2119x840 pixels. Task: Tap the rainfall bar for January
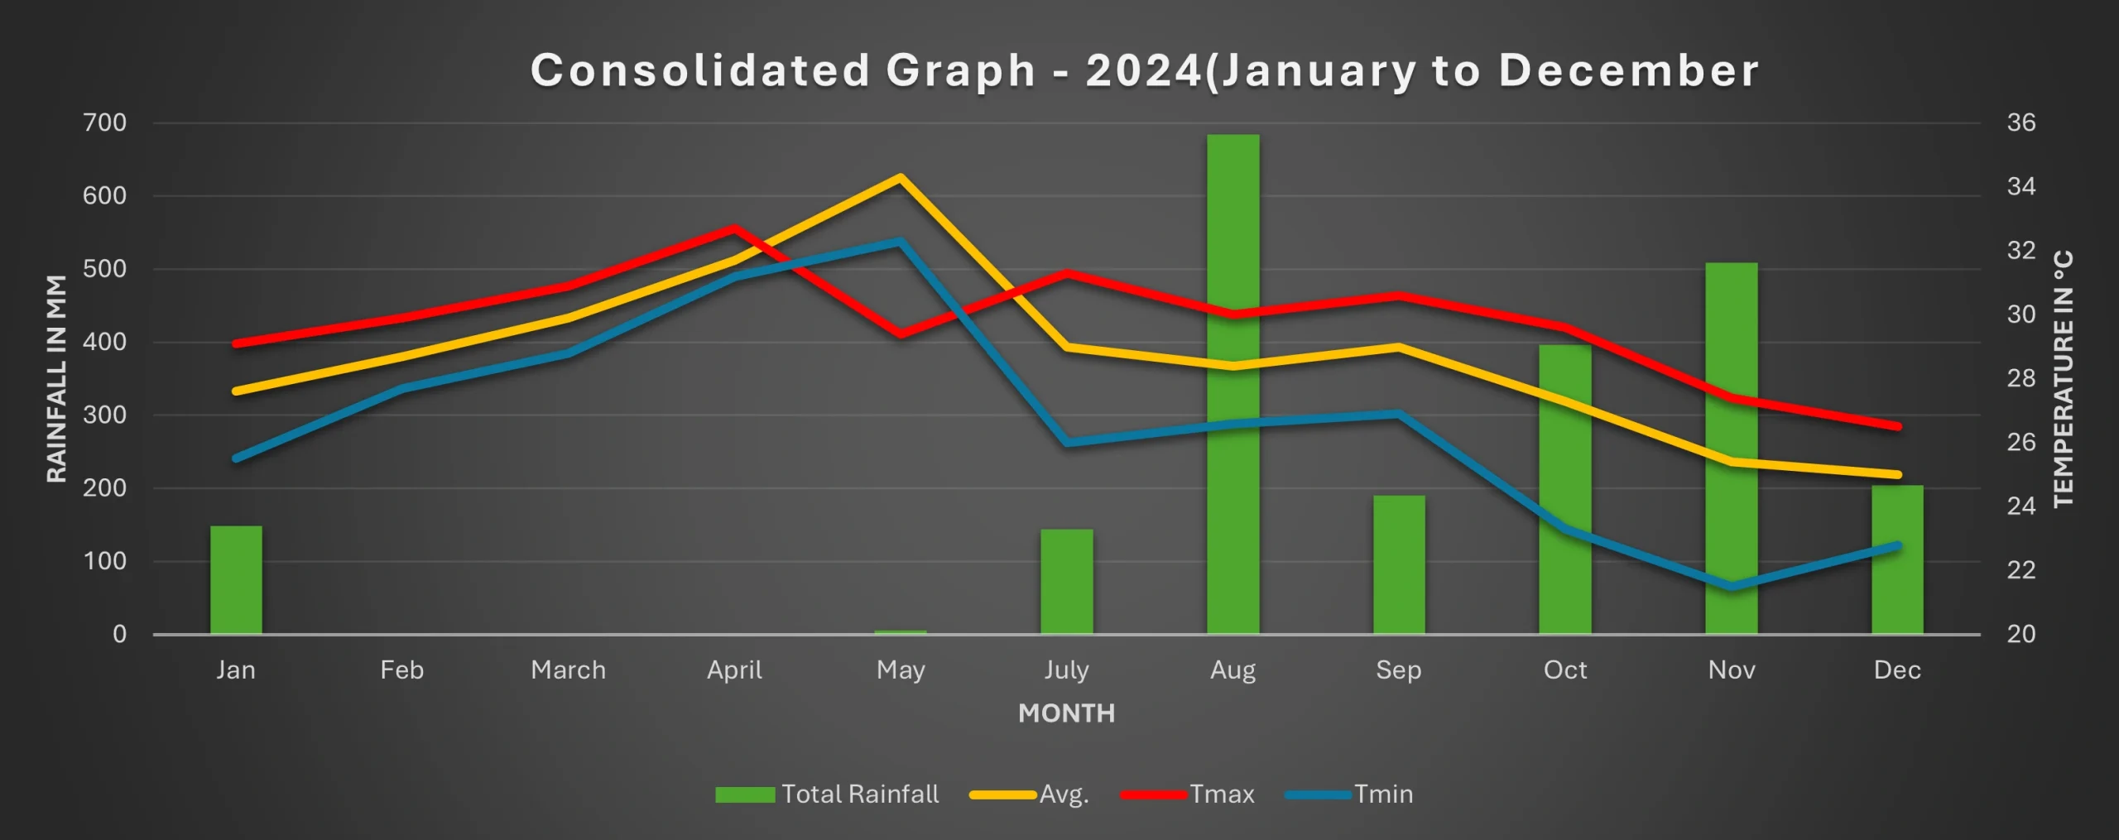click(x=236, y=579)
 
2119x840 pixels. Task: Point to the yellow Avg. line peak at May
click(x=900, y=177)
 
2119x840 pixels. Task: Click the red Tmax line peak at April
click(x=734, y=228)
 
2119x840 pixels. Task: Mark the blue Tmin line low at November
click(x=1732, y=587)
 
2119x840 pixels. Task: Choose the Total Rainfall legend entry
click(x=827, y=794)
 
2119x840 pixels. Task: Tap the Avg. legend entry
click(x=1030, y=794)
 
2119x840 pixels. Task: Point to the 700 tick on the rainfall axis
click(x=105, y=123)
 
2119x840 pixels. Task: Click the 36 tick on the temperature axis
click(x=2020, y=123)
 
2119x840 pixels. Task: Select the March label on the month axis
click(x=568, y=670)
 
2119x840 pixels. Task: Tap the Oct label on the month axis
click(x=1564, y=670)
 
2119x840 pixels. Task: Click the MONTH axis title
click(x=1066, y=713)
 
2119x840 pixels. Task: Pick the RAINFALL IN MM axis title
click(x=56, y=379)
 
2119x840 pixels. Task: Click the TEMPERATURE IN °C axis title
click(x=2064, y=379)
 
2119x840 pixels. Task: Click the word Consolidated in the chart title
click(x=700, y=70)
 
